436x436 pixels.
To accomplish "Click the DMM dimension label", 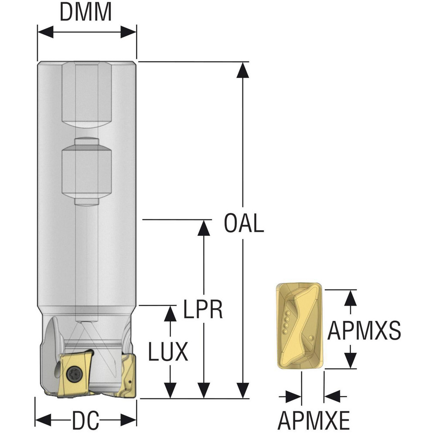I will pos(86,12).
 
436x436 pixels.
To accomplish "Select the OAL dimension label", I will pos(244,223).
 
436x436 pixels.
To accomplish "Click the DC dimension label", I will pos(85,422).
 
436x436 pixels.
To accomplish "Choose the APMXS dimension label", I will pos(364,330).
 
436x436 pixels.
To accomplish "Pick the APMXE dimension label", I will pos(313,421).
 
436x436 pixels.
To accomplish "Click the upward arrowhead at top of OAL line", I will pos(243,69).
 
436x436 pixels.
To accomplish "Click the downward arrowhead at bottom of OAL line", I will pos(243,390).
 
